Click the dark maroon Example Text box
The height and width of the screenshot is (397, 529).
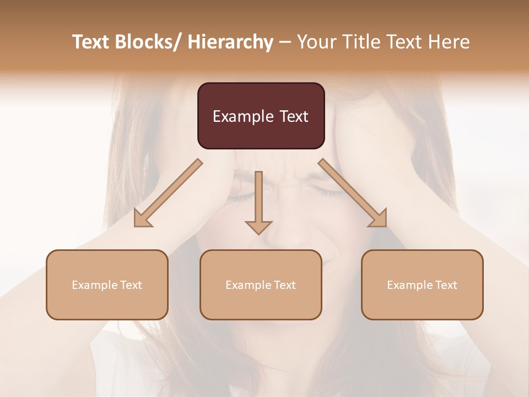261,116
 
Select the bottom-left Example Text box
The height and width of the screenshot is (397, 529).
107,285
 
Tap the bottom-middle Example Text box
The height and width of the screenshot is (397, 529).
261,285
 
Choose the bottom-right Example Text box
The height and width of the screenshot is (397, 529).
422,285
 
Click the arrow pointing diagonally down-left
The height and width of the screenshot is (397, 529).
168,193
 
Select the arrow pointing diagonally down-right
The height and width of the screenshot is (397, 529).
353,193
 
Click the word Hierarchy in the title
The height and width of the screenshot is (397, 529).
230,42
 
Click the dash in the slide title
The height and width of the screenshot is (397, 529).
285,42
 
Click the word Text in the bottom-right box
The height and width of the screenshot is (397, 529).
445,285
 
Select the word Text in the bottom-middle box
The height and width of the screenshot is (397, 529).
284,285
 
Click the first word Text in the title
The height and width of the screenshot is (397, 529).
91,42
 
